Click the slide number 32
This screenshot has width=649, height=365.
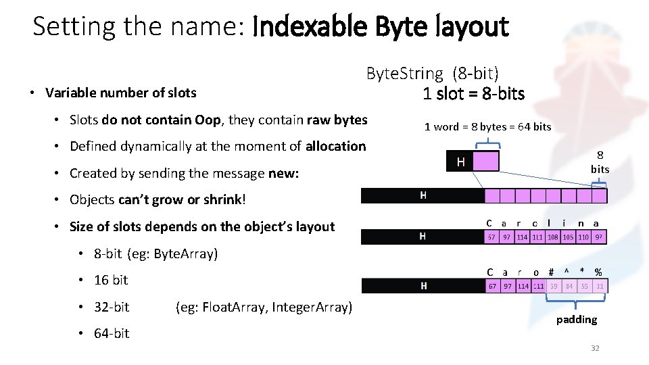click(595, 348)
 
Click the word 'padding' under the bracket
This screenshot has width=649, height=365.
click(577, 319)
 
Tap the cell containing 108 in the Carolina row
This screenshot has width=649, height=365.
click(554, 237)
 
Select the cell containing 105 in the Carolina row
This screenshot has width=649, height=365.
click(569, 237)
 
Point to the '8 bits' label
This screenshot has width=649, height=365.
click(600, 162)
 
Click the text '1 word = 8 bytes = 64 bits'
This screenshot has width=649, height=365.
click(487, 126)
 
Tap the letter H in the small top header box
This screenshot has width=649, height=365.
click(460, 162)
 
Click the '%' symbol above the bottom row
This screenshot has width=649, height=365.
click(598, 272)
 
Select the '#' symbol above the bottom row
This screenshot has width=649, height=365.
click(552, 272)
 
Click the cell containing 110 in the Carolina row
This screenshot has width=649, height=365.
click(583, 237)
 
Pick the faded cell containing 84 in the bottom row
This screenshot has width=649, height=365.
click(569, 287)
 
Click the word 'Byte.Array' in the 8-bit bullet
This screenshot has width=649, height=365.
click(185, 254)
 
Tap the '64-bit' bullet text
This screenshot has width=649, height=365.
click(112, 333)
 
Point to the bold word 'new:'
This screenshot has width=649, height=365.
click(284, 173)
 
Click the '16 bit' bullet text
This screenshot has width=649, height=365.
click(111, 280)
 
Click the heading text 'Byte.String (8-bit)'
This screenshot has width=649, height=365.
click(432, 73)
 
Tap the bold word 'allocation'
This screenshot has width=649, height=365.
click(335, 146)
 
